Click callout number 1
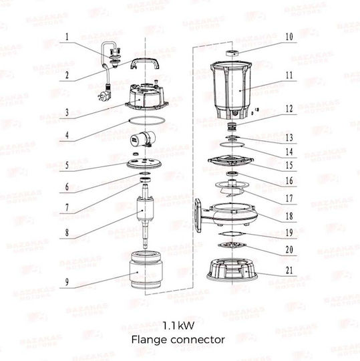coord(67,37)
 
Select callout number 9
coord(67,282)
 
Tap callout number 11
coord(289,76)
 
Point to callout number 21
coord(289,271)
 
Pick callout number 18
coord(289,217)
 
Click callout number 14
coord(289,152)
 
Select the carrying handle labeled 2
coord(145,64)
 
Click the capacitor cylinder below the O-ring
coord(143,138)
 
